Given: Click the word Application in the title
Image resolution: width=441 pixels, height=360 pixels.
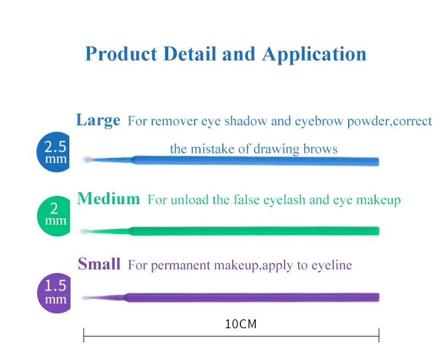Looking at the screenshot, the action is coord(314,54).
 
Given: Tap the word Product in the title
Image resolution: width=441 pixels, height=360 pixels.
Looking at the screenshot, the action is coord(121,54).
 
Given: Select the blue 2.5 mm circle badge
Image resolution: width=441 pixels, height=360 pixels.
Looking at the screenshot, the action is coord(54,152).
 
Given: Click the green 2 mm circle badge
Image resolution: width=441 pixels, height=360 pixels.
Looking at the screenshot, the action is coord(54,216).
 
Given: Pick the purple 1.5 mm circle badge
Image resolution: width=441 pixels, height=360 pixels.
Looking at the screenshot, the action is coord(54,293).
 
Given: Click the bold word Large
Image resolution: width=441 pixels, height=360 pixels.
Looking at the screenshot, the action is coord(98,120).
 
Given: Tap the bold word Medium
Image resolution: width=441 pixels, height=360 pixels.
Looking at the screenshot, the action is coord(108,198).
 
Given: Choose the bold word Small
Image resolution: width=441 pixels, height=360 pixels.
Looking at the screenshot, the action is coord(99,264).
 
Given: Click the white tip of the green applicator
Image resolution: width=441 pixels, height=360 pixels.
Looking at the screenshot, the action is coord(83,231).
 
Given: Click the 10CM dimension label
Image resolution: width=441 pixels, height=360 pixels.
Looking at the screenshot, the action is coord(240,324).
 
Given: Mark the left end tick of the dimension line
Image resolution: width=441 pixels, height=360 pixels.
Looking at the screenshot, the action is coord(84,335).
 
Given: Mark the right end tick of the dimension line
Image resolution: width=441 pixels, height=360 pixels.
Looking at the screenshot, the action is coord(379,335).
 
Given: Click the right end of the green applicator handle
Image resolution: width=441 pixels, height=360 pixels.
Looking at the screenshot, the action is coord(379,231).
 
